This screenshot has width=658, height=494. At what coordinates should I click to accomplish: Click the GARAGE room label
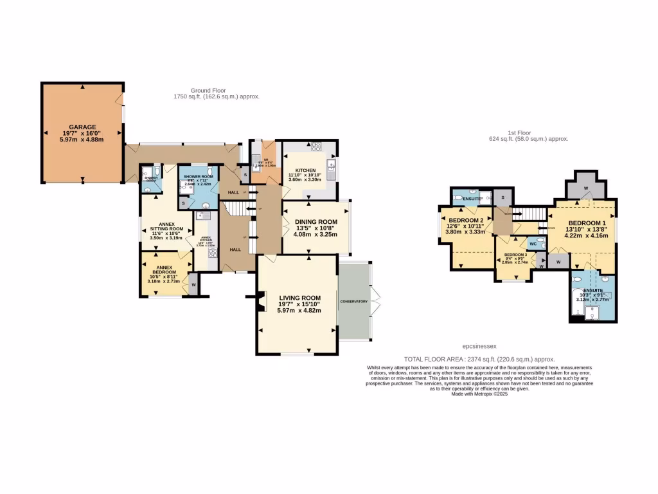[x=82, y=127]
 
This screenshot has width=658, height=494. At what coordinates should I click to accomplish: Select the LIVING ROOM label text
[x=299, y=298]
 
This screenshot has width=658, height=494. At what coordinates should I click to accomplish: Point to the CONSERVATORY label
[x=354, y=301]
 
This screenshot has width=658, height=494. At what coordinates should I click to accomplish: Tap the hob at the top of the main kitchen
[x=316, y=147]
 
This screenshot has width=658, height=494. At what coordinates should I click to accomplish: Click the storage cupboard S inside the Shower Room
[x=183, y=203]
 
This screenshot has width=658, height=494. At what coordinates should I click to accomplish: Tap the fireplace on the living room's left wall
[x=260, y=301]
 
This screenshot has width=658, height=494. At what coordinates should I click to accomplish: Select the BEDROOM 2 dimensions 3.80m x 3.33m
[x=465, y=232]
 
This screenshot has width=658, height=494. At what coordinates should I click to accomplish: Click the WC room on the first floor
[x=533, y=244]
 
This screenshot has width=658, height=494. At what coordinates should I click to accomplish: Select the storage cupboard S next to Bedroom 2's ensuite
[x=502, y=197]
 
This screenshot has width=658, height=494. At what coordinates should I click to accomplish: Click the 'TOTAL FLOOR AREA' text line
[x=479, y=359]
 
